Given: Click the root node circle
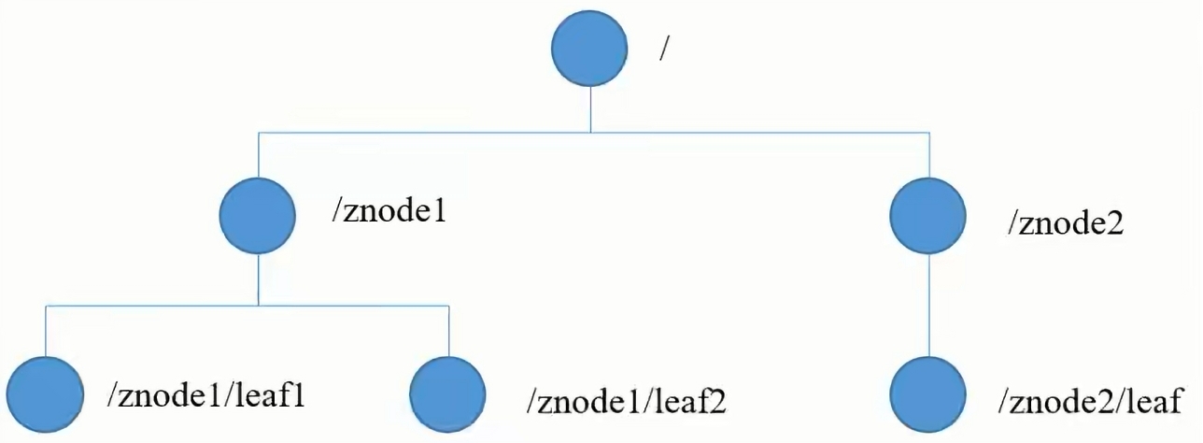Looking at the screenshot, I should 589,51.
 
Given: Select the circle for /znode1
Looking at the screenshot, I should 258,216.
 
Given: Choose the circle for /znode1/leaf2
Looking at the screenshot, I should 448,393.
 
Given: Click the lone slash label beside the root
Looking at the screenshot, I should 663,50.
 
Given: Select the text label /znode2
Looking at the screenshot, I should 1064,224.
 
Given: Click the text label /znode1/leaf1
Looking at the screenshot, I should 206,395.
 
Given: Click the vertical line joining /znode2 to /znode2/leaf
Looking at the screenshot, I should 928,305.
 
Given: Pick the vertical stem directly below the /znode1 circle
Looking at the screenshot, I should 258,279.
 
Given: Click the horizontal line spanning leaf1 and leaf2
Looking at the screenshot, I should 247,305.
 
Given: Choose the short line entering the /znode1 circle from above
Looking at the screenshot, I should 258,155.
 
